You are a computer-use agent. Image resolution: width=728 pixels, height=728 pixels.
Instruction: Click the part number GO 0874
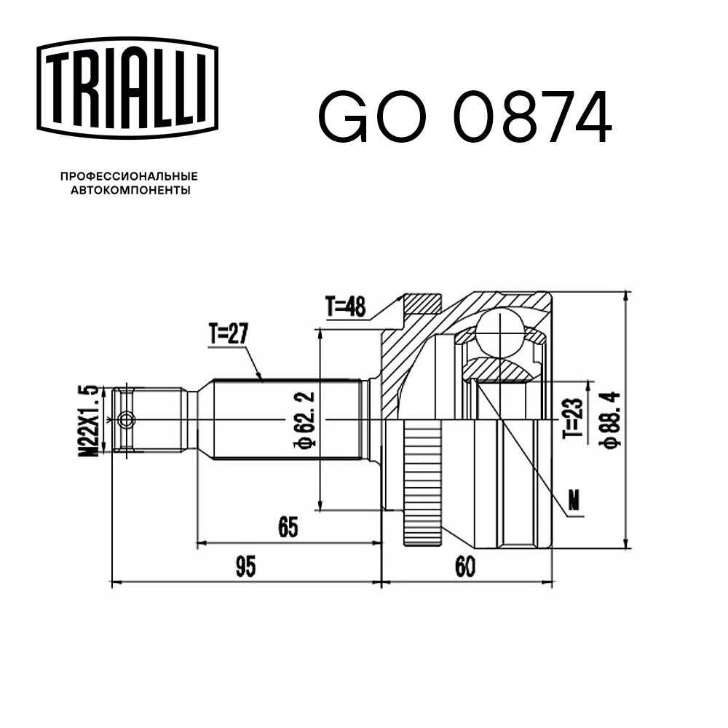coord(464,116)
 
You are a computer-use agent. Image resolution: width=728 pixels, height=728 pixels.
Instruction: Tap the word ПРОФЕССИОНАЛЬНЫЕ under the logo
coord(129,176)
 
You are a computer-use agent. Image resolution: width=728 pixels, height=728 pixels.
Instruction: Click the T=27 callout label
coord(229,335)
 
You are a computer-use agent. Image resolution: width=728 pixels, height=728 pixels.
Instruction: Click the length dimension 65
coord(288,527)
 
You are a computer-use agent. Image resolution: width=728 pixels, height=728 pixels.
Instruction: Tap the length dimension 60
coord(463,567)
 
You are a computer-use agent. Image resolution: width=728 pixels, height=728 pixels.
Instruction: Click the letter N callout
coord(574,501)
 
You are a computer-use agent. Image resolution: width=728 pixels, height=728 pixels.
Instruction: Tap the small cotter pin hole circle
coord(127,420)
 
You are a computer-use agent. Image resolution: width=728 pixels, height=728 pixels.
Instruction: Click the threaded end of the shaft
coord(153,420)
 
